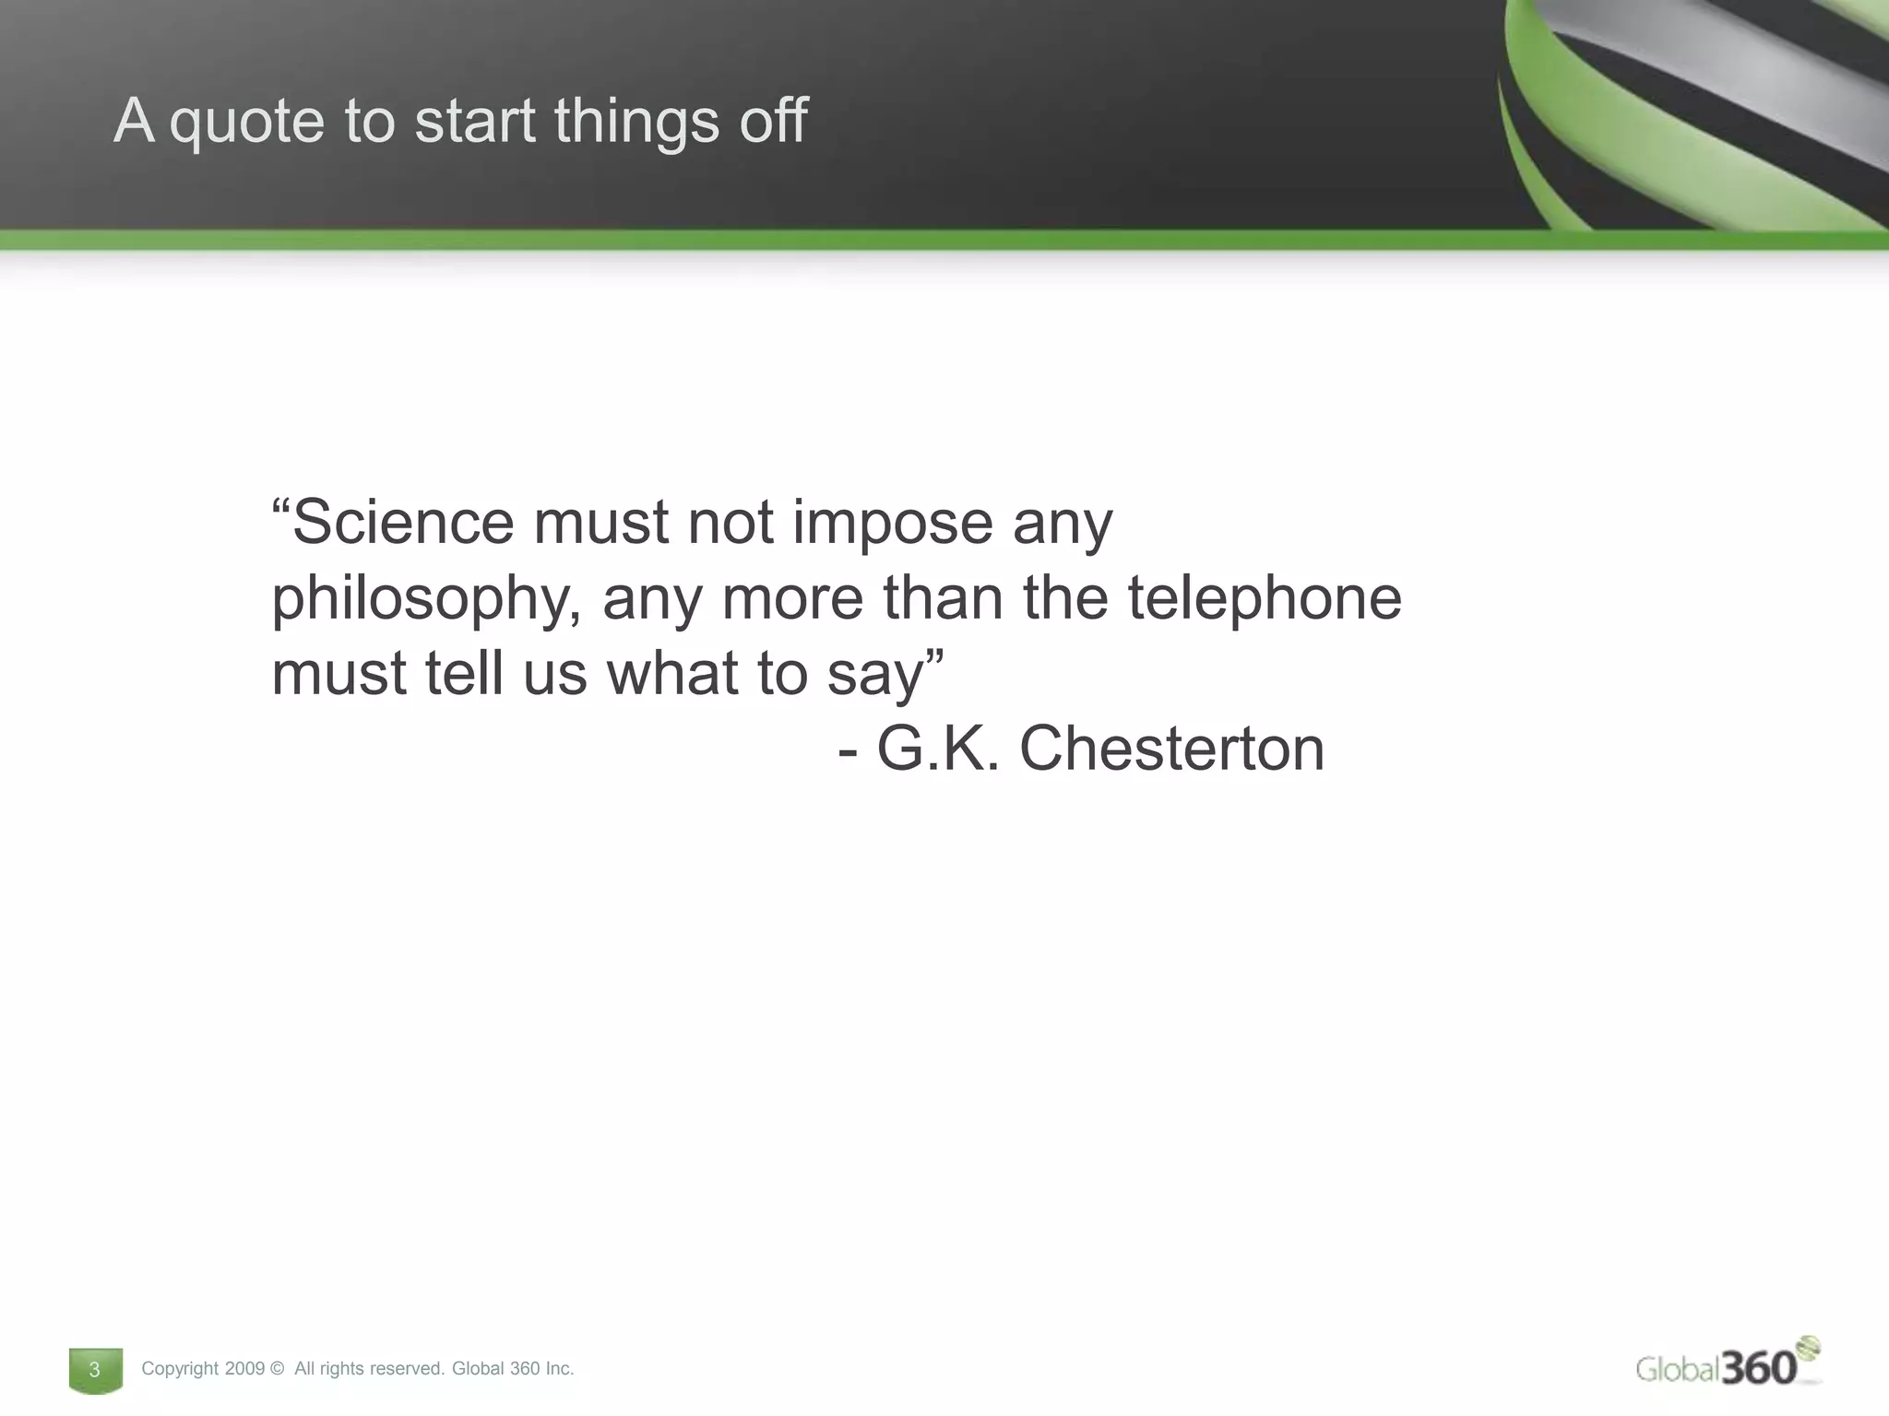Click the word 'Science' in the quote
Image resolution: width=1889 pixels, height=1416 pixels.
[402, 522]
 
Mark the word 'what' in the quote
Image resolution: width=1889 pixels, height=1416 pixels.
[672, 673]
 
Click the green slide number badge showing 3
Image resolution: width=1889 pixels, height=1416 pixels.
[95, 1370]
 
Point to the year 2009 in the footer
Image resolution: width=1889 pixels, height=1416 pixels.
[244, 1369]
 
